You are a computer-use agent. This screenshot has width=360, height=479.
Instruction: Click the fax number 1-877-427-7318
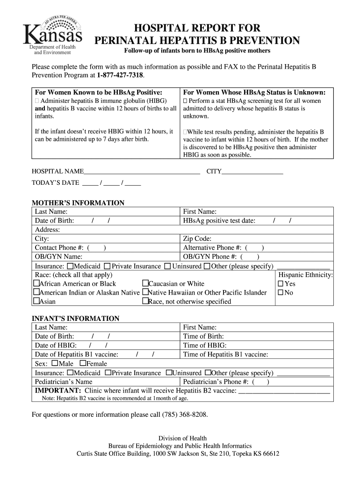pyautogui.click(x=121, y=75)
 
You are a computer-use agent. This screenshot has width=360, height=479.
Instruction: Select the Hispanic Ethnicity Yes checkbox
pyautogui.click(x=281, y=284)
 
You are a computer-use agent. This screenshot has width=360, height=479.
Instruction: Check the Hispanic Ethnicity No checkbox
pyautogui.click(x=281, y=293)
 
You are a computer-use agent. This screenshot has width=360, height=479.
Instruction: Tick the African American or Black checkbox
pyautogui.click(x=36, y=284)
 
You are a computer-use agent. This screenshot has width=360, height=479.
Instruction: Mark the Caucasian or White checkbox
pyautogui.click(x=145, y=284)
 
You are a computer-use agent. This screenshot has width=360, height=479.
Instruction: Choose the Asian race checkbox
pyautogui.click(x=36, y=302)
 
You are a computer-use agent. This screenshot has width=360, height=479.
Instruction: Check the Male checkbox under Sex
pyautogui.click(x=55, y=363)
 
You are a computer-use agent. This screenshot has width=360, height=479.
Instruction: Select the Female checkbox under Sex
pyautogui.click(x=83, y=363)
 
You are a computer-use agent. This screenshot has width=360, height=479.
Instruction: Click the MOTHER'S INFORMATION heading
pyautogui.click(x=78, y=203)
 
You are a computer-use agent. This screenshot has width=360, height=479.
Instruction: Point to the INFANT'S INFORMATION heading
pyautogui.click(x=75, y=319)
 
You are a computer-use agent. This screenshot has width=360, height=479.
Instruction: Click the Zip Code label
pyautogui.click(x=197, y=239)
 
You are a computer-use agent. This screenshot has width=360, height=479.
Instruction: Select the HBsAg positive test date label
pyautogui.click(x=219, y=221)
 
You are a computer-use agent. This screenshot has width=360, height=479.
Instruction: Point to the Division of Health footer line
pyautogui.click(x=182, y=438)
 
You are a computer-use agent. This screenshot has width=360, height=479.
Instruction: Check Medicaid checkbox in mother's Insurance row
pyautogui.click(x=69, y=266)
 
